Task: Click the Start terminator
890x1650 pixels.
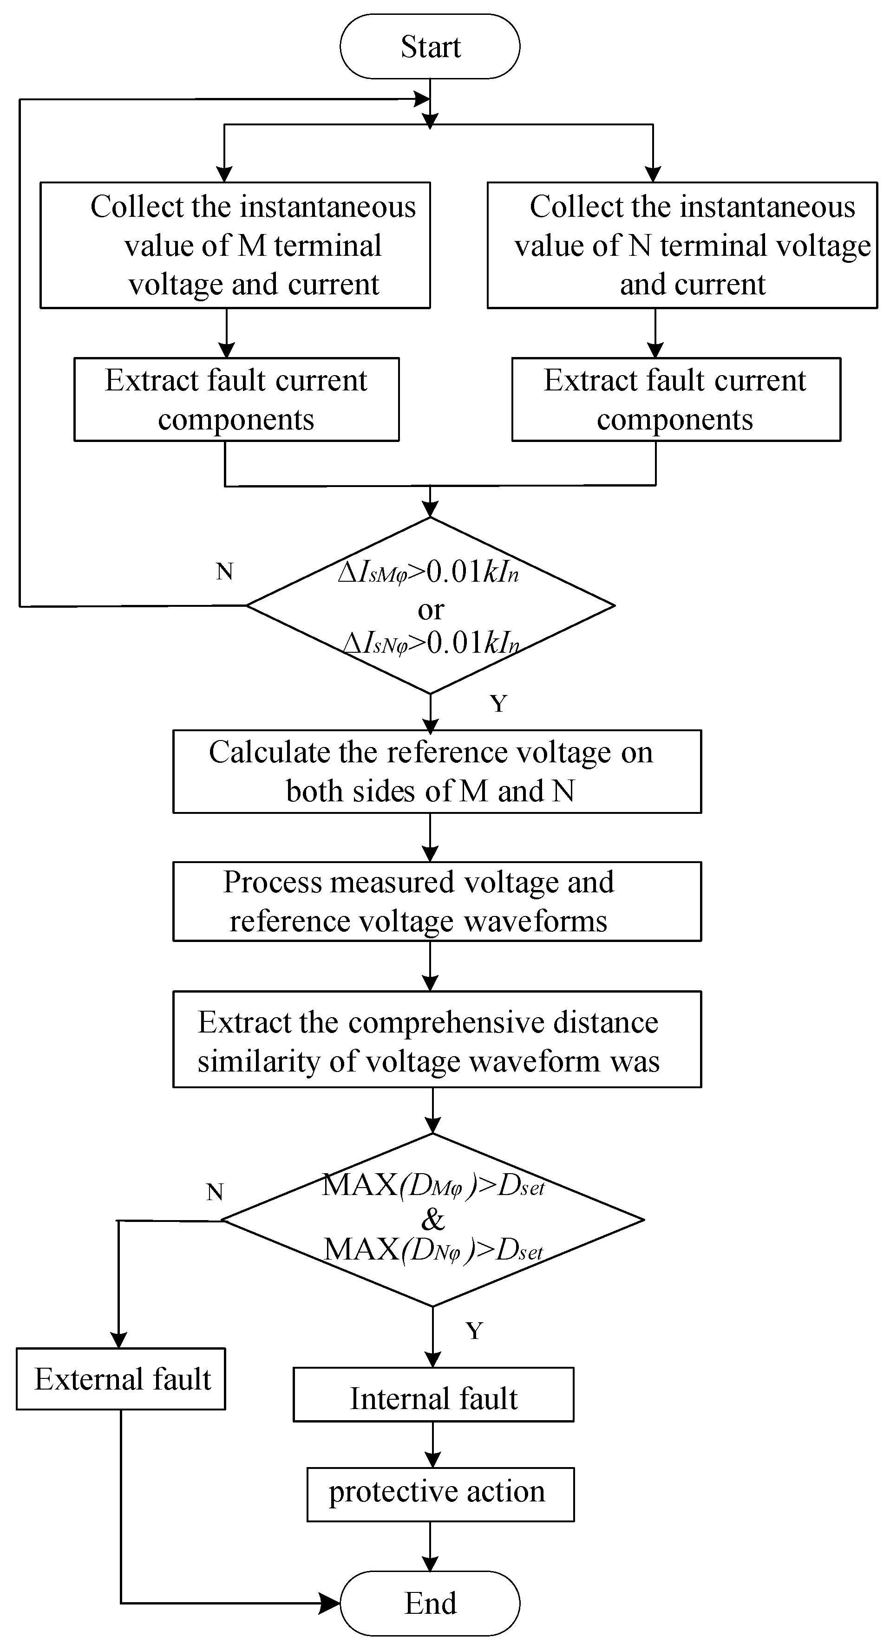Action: click(x=430, y=47)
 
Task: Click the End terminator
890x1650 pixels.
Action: click(x=430, y=1603)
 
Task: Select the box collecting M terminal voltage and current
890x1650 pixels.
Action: click(x=235, y=245)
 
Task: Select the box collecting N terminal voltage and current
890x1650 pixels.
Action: click(x=682, y=245)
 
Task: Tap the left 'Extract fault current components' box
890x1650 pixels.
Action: click(x=236, y=400)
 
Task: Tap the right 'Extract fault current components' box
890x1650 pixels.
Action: click(x=676, y=400)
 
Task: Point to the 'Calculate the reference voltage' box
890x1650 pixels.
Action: click(x=437, y=772)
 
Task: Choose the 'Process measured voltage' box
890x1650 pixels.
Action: click(x=437, y=902)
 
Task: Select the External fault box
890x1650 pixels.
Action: click(x=121, y=1379)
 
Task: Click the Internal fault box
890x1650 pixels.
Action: click(x=433, y=1398)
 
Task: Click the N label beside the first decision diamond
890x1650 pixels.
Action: click(x=224, y=572)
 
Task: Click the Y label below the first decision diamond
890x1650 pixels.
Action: click(x=498, y=703)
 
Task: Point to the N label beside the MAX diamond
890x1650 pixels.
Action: click(x=215, y=1192)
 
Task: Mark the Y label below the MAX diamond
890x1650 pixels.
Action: click(x=474, y=1331)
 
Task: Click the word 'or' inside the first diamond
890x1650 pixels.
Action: click(x=431, y=609)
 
